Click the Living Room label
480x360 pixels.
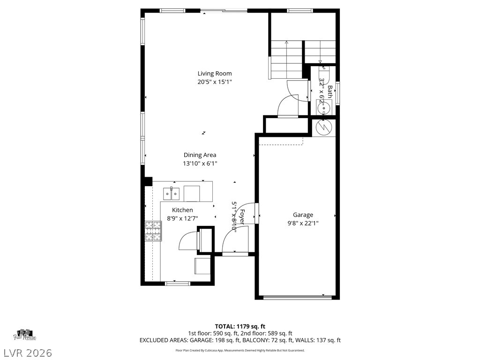[x=214, y=74]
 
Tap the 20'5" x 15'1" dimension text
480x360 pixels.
[x=214, y=82]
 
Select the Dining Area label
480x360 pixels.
[x=200, y=155]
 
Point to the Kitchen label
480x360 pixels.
[x=182, y=210]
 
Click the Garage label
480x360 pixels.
[x=303, y=215]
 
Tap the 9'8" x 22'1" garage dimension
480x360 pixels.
[x=303, y=223]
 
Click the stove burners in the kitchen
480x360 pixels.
[x=152, y=231]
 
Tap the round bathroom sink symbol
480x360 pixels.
[x=323, y=108]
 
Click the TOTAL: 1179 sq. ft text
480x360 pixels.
[x=240, y=326]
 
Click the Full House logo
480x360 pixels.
[x=25, y=335]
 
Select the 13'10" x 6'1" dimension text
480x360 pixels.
[x=200, y=164]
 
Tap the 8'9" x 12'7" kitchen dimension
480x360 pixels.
[x=182, y=218]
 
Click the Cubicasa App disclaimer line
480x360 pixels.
[x=240, y=350]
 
